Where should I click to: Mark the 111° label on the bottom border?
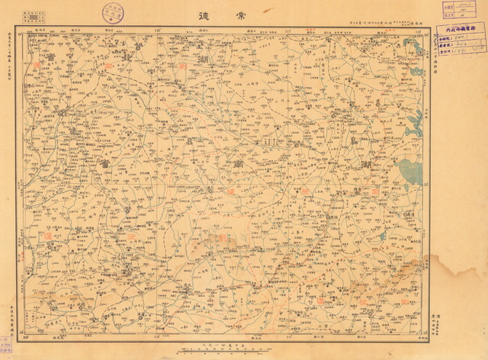[288, 336]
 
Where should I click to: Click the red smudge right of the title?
[268, 10]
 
